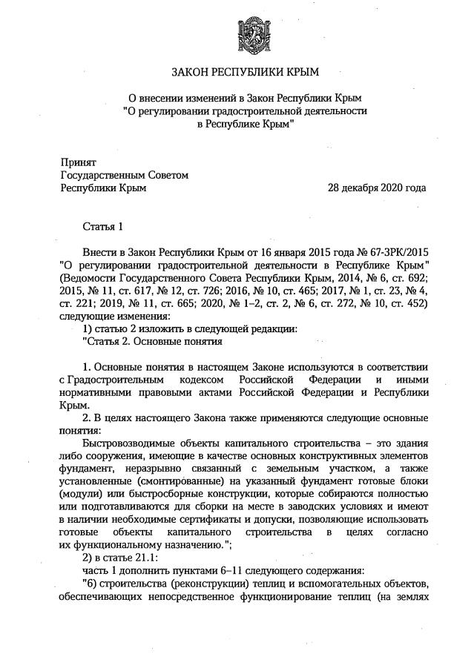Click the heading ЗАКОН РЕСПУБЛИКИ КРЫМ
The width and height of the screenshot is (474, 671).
tap(244, 72)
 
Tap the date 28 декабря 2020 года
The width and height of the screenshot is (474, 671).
tap(377, 188)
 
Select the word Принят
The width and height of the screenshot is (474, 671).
tap(78, 162)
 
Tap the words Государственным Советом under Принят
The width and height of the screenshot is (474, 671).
tap(124, 175)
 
